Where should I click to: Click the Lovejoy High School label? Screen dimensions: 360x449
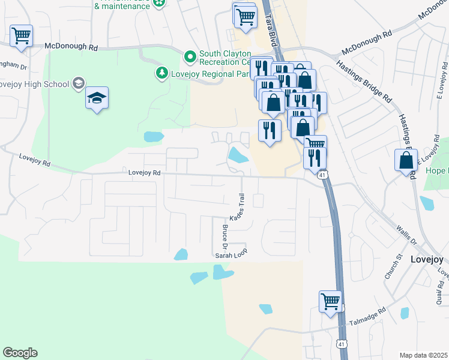35,84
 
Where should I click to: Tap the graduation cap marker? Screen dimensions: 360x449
97,98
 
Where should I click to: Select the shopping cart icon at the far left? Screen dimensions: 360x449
21,35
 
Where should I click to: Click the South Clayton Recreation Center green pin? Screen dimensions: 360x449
190,57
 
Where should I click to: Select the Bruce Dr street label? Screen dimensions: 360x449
225,237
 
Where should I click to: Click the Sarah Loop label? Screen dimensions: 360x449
231,255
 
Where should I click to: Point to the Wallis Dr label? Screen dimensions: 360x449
407,234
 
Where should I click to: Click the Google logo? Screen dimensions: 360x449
20,353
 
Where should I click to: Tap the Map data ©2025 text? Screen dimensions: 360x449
423,355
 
